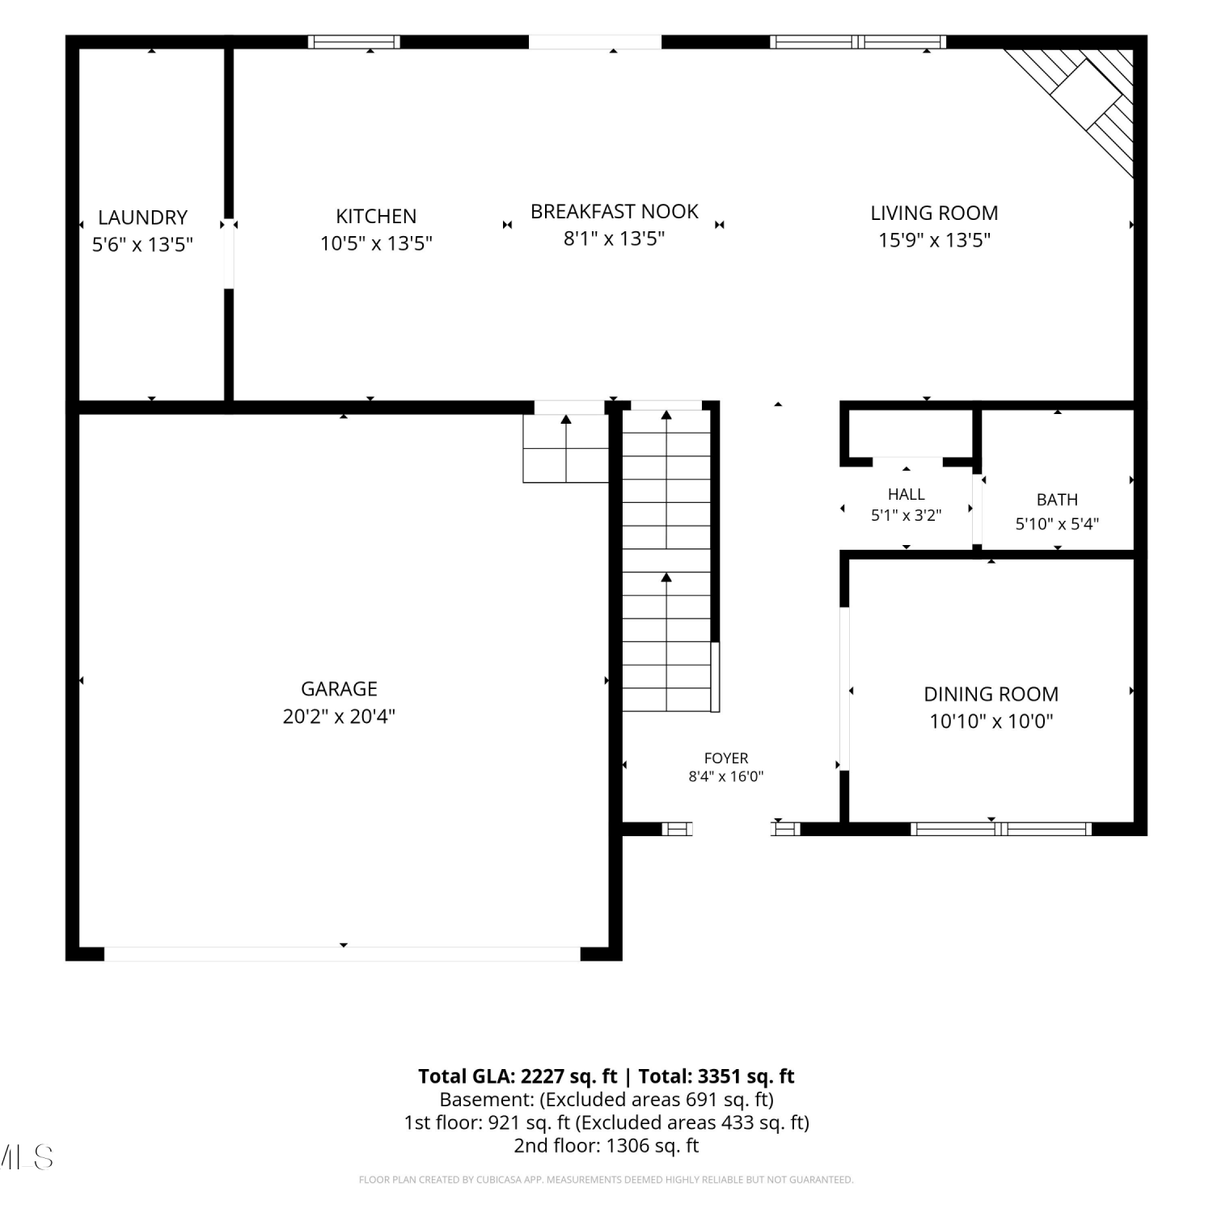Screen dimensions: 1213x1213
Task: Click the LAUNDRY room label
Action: pos(142,218)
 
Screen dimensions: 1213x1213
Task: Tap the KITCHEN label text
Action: pos(376,217)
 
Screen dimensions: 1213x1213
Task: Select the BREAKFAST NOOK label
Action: pos(615,212)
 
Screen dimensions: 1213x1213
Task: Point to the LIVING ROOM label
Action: pos(934,213)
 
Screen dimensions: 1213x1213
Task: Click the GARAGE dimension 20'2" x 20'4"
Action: pos(339,716)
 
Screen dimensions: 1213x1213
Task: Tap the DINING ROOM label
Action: pos(991,694)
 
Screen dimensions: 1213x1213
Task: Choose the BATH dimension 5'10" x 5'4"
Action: pos(1057,524)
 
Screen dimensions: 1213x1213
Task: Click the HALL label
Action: pos(906,494)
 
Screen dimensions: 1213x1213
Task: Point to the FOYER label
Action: pos(726,759)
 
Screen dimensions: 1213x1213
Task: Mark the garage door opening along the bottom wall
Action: pos(343,954)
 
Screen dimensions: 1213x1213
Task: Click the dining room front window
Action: pos(1001,828)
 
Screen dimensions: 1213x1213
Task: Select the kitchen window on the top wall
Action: pos(354,42)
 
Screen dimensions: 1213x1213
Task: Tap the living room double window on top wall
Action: pos(858,42)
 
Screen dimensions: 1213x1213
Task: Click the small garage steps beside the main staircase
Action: pos(565,449)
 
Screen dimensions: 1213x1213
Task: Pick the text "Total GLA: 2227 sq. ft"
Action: pos(518,1076)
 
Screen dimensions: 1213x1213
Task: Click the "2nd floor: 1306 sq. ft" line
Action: pos(606,1146)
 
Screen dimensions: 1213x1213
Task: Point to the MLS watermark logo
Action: pos(26,1157)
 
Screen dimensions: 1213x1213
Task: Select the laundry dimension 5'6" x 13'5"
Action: pos(142,245)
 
